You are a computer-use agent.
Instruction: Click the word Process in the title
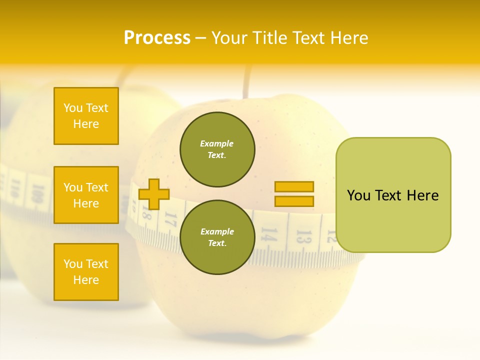tap(157, 38)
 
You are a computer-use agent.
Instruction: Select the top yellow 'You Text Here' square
tap(86, 116)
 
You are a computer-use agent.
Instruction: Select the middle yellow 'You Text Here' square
tap(86, 195)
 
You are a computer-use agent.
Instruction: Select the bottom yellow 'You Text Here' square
tap(86, 272)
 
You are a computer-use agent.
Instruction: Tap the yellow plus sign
tap(153, 194)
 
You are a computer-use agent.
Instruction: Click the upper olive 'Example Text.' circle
tap(217, 149)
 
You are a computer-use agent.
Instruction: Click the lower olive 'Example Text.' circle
tap(217, 237)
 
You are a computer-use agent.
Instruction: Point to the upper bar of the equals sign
tap(294, 186)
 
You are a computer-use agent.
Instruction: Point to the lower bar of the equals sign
tap(294, 201)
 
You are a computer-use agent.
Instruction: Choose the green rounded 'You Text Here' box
tap(393, 195)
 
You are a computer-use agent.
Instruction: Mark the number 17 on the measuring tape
tap(170, 220)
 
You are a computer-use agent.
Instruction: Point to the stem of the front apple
tap(246, 82)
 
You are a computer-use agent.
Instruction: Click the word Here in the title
tap(347, 38)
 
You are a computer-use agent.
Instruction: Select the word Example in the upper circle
tap(216, 143)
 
